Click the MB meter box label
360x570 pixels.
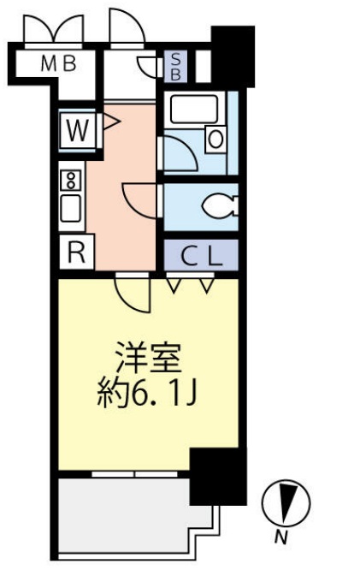pyautogui.click(x=58, y=62)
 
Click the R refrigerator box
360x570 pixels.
pyautogui.click(x=75, y=252)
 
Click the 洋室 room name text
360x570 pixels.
pyautogui.click(x=150, y=352)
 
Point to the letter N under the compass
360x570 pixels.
pyautogui.click(x=280, y=537)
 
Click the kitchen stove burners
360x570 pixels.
pyautogui.click(x=72, y=181)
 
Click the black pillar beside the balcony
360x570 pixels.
pyautogui.click(x=216, y=476)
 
